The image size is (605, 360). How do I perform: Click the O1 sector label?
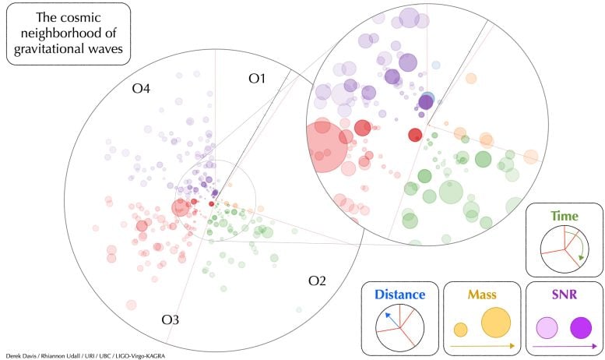(x=257, y=79)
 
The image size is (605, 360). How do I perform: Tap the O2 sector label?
(x=317, y=281)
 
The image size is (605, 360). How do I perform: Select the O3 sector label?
(x=171, y=319)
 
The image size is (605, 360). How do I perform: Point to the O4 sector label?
(x=141, y=89)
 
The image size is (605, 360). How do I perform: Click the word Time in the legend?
(x=565, y=216)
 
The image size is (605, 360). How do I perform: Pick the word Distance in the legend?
(x=400, y=295)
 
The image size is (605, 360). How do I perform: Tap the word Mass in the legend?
(x=482, y=295)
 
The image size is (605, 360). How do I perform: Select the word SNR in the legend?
(x=565, y=295)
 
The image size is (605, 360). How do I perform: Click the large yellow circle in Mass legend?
(x=496, y=323)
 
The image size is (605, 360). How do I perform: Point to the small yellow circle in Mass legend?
(x=460, y=330)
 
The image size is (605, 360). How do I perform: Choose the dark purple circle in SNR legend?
(x=581, y=328)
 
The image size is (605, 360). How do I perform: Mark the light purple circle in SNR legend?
(x=547, y=328)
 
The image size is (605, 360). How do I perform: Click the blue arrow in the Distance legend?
(x=392, y=320)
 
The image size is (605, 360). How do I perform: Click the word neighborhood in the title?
(x=69, y=34)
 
